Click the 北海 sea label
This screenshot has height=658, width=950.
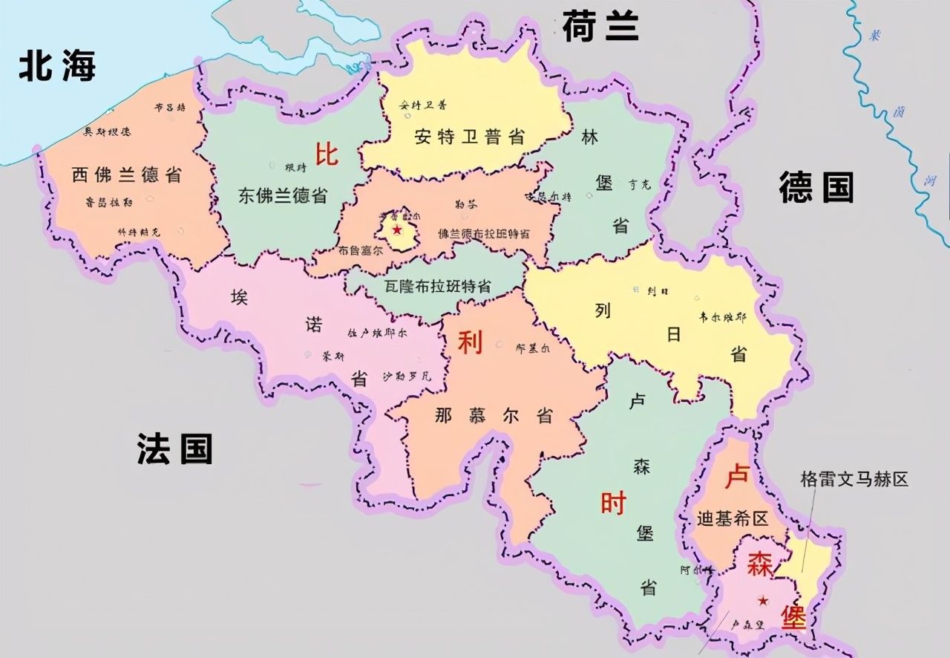click(57, 67)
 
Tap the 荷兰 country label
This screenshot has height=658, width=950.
click(600, 27)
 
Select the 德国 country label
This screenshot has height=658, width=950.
click(816, 186)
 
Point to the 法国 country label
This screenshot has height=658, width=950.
click(174, 449)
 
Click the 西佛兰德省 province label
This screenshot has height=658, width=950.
click(127, 175)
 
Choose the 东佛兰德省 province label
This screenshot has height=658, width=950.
click(283, 195)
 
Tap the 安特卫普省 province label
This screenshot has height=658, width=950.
click(470, 137)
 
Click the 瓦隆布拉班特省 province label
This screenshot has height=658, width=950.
click(438, 286)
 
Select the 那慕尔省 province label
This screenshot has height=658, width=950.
click(494, 415)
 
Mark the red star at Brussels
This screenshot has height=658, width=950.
click(397, 229)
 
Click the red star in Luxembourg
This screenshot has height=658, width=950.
click(762, 600)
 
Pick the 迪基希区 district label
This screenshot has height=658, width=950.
click(732, 518)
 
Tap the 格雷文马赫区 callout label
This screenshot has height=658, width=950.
click(854, 479)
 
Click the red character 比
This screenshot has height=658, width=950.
click(327, 154)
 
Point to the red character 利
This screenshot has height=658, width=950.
click(470, 343)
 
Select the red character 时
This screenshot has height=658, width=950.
click(613, 504)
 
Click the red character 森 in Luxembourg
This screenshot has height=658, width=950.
click(760, 564)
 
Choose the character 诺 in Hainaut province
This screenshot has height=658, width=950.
click(314, 325)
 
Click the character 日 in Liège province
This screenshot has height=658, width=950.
click(673, 334)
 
